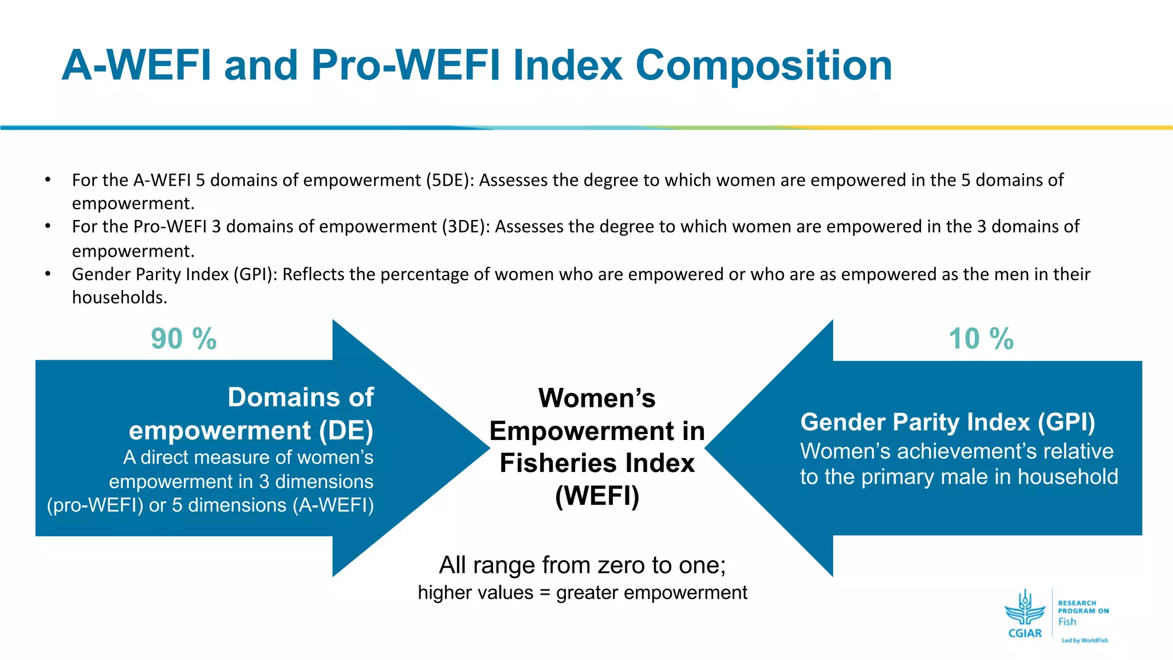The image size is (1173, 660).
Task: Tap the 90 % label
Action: pyautogui.click(x=184, y=339)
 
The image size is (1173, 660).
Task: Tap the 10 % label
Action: pyautogui.click(x=981, y=339)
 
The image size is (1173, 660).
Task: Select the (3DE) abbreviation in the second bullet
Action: pyautogui.click(x=466, y=227)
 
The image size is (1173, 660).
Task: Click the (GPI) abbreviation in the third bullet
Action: pyautogui.click(x=255, y=274)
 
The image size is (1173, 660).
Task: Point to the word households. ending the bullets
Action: pyautogui.click(x=119, y=297)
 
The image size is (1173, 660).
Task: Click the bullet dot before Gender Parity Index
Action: pyautogui.click(x=48, y=274)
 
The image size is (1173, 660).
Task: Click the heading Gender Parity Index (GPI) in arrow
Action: pyautogui.click(x=947, y=422)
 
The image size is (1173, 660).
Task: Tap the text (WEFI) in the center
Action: pyautogui.click(x=597, y=496)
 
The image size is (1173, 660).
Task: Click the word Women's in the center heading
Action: pyautogui.click(x=597, y=398)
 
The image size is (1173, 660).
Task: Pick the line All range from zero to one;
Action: pyautogui.click(x=582, y=565)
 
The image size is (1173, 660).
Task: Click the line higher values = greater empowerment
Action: pyautogui.click(x=582, y=592)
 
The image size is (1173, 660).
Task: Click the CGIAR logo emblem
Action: pyautogui.click(x=1025, y=611)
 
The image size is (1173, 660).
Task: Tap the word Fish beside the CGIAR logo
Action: pyautogui.click(x=1066, y=622)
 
